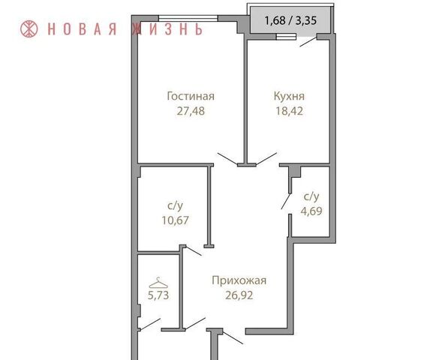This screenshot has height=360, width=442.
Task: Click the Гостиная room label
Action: [191, 96]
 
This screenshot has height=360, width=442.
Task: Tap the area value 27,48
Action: [191, 111]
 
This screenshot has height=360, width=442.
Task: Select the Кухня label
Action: [289, 96]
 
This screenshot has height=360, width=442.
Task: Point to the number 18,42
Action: [289, 111]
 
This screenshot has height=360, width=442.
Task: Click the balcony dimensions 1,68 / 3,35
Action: [290, 20]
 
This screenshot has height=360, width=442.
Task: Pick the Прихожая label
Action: [239, 280]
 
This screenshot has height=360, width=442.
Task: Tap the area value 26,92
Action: [239, 295]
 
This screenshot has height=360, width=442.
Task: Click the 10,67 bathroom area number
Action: [175, 220]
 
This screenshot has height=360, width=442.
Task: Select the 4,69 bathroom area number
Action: [311, 211]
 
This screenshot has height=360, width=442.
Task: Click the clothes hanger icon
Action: [158, 283]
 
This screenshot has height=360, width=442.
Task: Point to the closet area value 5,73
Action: [158, 295]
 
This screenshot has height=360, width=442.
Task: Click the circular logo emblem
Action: [29, 29]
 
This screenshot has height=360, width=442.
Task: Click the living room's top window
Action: [188, 19]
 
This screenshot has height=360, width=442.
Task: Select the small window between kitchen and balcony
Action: [286, 37]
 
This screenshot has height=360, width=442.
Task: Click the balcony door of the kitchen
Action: [308, 42]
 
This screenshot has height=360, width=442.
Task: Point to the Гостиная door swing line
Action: [227, 158]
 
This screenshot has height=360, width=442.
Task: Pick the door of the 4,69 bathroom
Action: [286, 202]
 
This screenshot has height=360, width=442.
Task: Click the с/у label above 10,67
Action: [175, 206]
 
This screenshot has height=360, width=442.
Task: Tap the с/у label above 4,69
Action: [311, 196]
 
